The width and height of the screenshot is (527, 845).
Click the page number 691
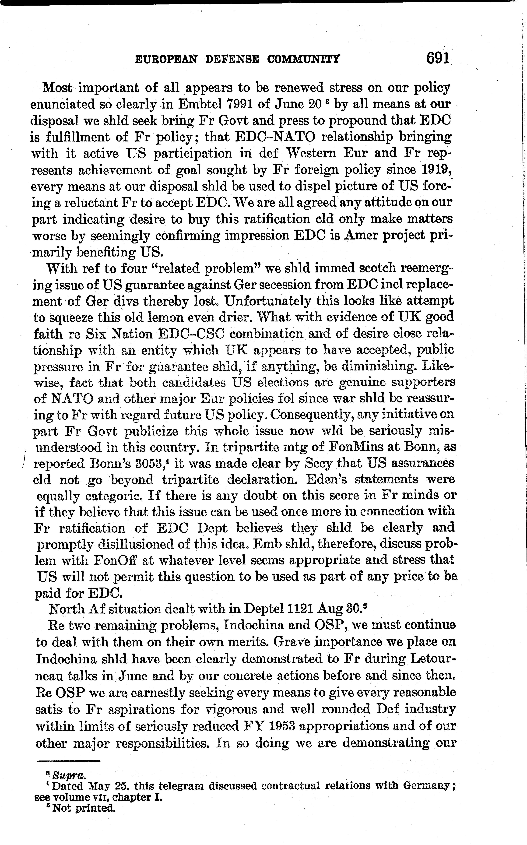tap(438, 58)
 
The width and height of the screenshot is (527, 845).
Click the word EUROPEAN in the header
tap(166, 60)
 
